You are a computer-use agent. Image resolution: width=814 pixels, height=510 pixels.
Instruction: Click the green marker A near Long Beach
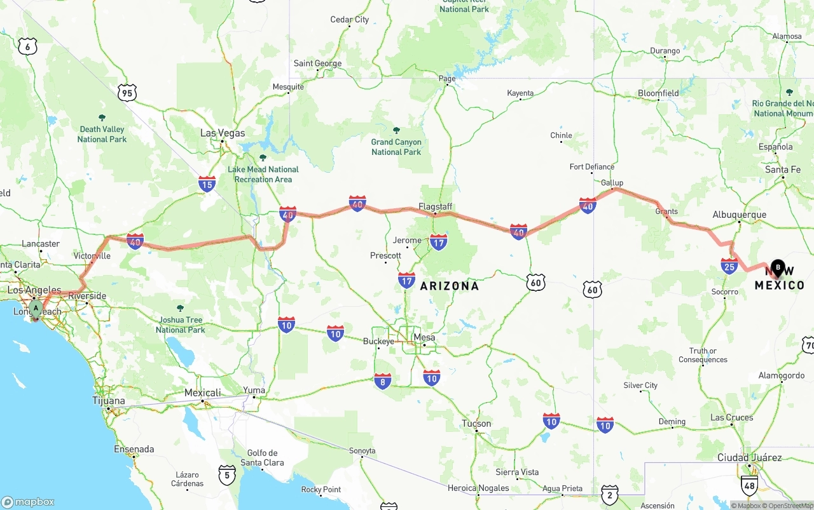tap(36, 309)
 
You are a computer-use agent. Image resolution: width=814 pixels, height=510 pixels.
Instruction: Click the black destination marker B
tap(778, 268)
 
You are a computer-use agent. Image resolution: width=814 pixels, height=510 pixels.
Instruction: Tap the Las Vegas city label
tap(222, 133)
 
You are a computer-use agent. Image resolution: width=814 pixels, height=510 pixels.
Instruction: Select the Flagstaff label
tap(435, 206)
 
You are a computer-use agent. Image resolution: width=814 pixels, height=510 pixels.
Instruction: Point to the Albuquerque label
tap(739, 215)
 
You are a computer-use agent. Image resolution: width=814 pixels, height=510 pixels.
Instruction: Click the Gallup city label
tap(612, 183)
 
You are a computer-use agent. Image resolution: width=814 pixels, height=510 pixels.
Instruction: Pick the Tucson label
tap(476, 424)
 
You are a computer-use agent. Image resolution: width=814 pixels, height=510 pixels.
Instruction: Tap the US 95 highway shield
tap(127, 93)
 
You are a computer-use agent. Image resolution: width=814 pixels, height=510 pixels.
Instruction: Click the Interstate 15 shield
tap(207, 184)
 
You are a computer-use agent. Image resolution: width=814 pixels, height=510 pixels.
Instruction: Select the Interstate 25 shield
tap(729, 265)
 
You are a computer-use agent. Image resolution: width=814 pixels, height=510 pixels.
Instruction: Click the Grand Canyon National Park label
tap(396, 147)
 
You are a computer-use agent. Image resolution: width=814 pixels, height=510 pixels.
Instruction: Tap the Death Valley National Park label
tap(102, 134)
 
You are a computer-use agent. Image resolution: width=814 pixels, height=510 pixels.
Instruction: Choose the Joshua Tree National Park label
tap(180, 325)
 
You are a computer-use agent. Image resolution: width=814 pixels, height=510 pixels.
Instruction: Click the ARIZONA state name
tap(449, 286)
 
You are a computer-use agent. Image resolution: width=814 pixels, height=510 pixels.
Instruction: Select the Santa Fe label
tap(782, 170)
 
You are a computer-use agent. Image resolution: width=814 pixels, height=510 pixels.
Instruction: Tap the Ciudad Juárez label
tap(749, 458)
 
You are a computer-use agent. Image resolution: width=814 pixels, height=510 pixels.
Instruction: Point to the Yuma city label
tap(254, 390)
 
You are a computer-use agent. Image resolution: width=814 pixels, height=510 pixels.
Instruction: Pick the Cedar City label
tap(349, 20)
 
